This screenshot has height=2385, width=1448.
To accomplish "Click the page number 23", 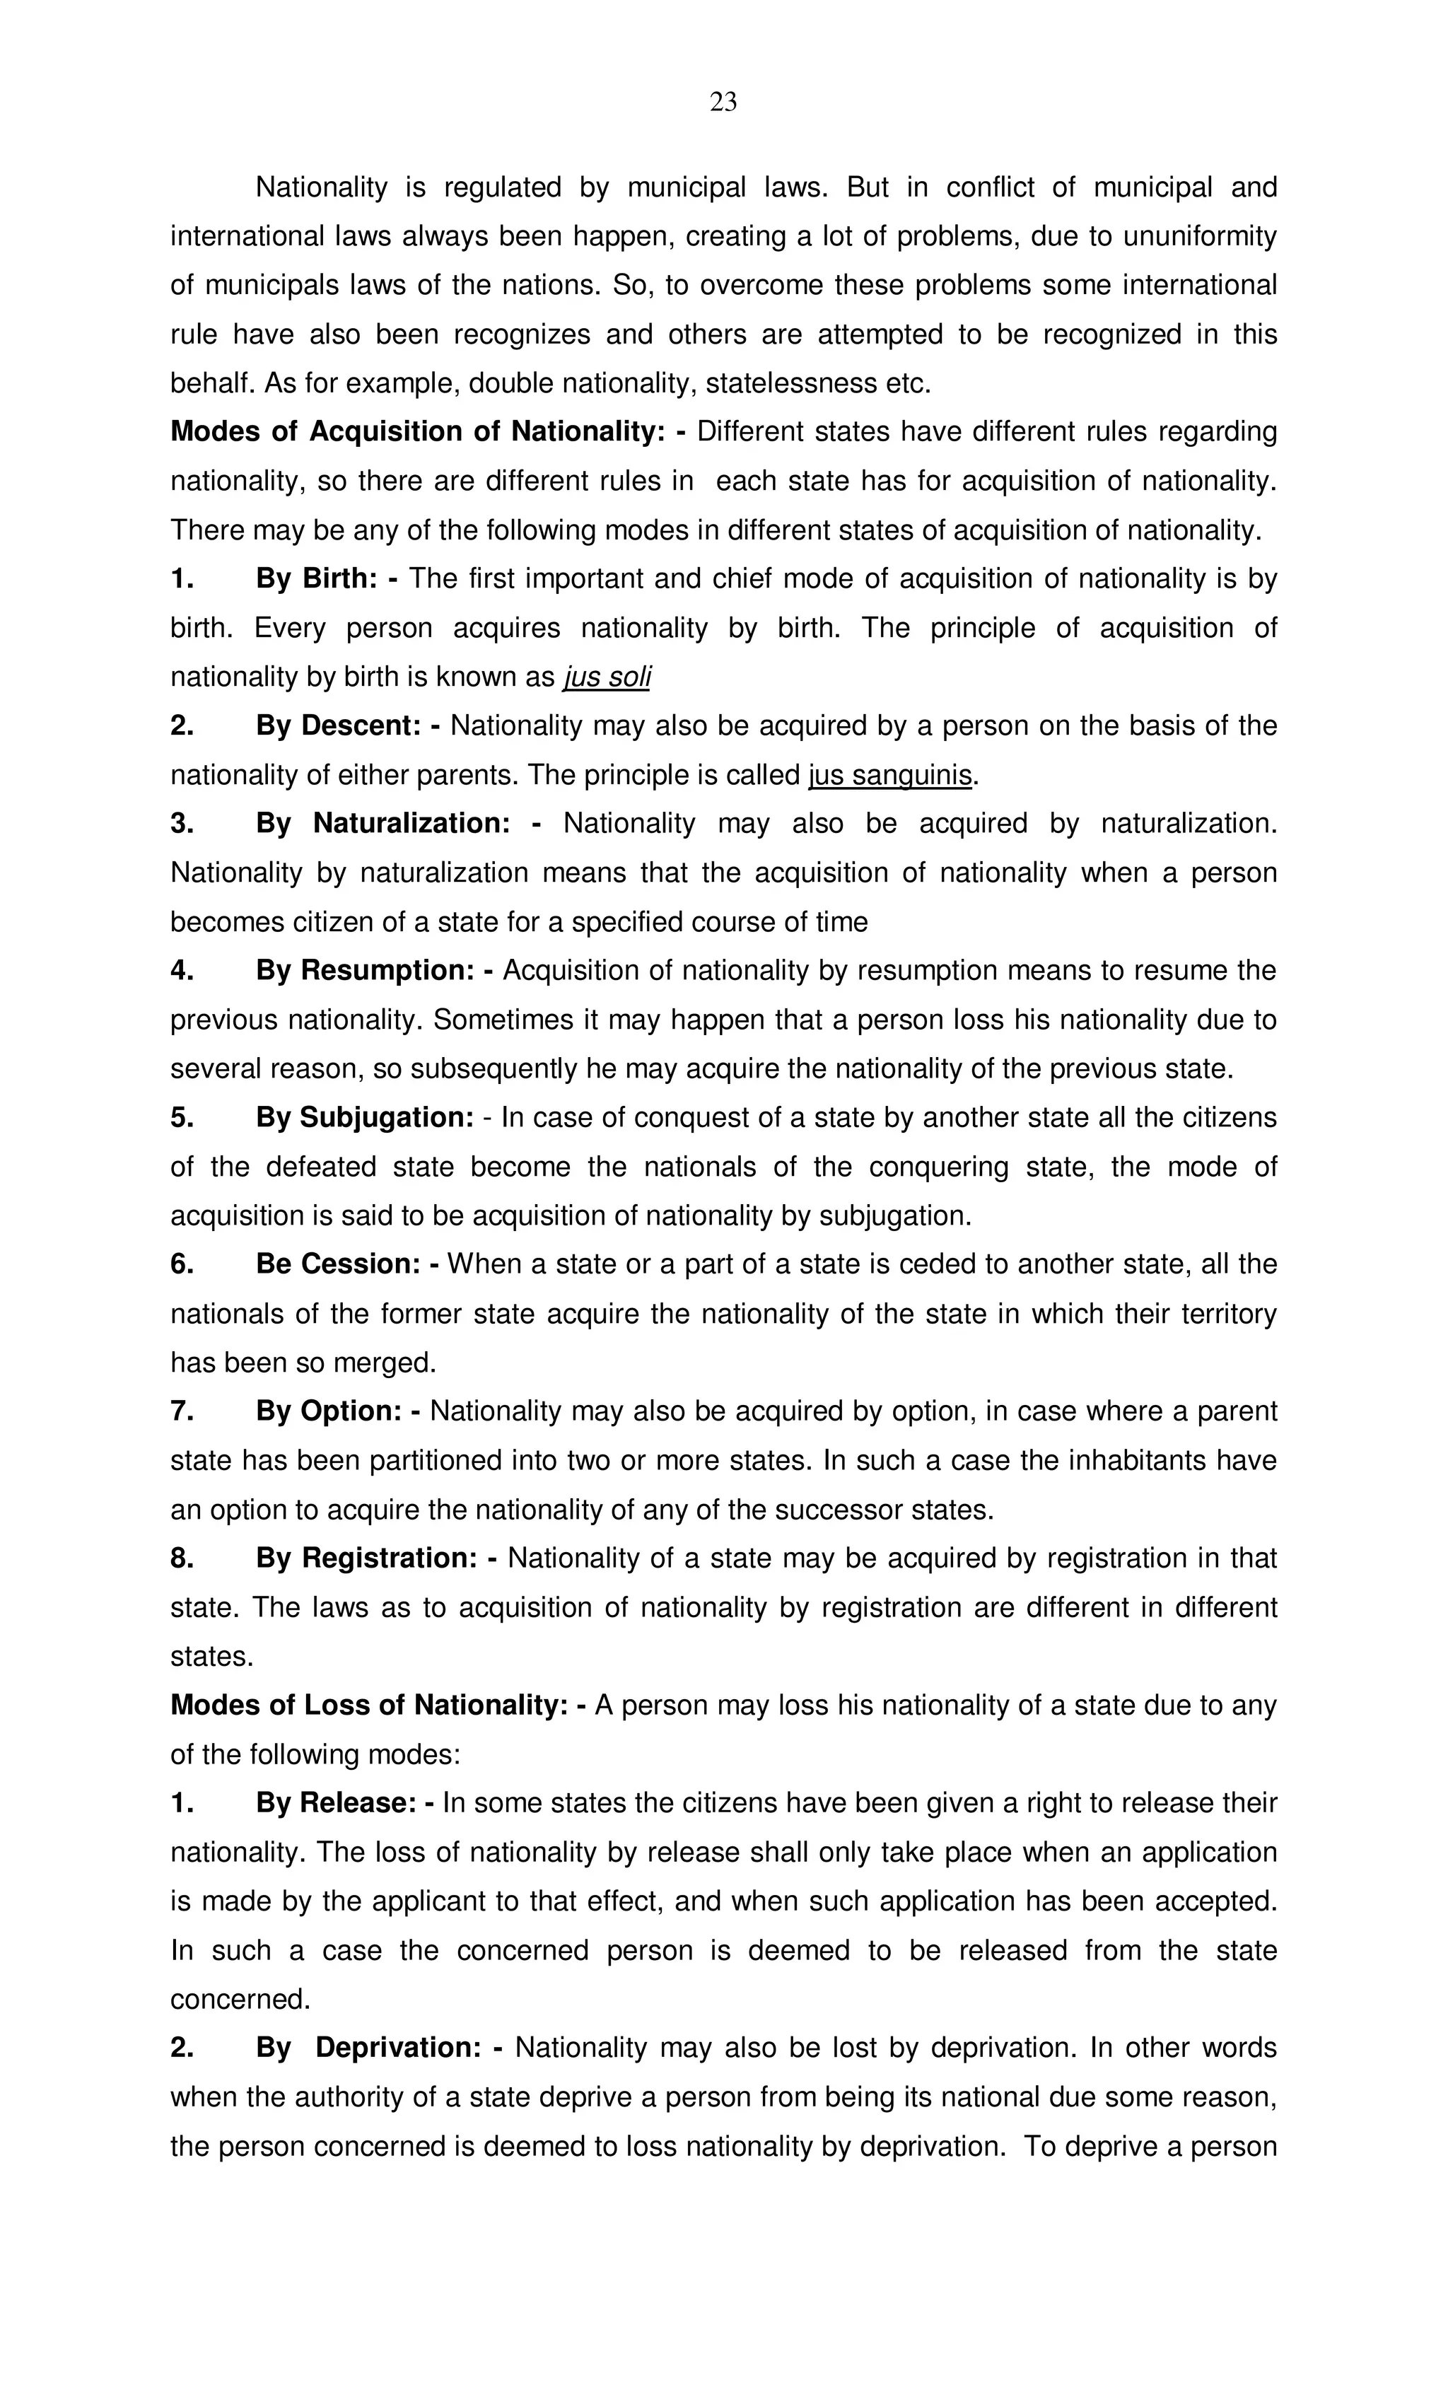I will pos(723,102).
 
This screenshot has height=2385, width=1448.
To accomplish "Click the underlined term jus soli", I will pos(606,677).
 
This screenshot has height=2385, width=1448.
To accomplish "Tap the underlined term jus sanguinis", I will pos(889,775).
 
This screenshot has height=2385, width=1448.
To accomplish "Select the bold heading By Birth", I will pos(317,579).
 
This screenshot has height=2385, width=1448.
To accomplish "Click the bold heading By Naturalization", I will pos(383,824).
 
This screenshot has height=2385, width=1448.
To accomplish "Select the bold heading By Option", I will pos(328,1411).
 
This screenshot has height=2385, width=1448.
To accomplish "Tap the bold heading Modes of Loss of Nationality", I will pos(369,1705).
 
